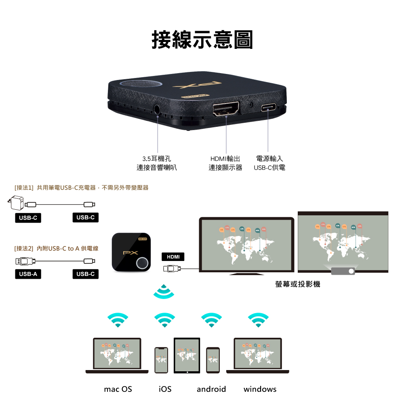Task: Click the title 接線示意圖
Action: [202, 40]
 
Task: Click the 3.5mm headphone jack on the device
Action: [158, 109]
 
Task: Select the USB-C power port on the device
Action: [269, 108]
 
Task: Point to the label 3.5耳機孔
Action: [157, 159]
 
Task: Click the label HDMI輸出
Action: [225, 159]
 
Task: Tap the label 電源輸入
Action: [269, 159]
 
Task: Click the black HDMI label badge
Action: [173, 257]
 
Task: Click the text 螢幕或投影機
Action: [298, 284]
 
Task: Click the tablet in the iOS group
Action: [187, 356]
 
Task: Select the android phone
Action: [213, 360]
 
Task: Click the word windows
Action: [260, 389]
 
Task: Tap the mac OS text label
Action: [118, 389]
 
